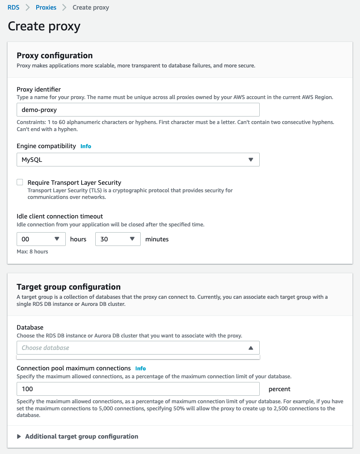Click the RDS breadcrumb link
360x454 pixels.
coord(13,7)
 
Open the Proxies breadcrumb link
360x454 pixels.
coord(46,7)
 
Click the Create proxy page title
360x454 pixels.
coord(44,26)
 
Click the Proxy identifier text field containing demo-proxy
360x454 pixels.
coord(138,110)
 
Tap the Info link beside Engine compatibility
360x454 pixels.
coord(86,146)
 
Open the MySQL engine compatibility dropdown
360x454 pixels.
coord(138,159)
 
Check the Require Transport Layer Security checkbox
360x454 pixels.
coord(20,182)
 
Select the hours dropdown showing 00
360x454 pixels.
coord(41,239)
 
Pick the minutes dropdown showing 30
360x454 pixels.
coord(118,239)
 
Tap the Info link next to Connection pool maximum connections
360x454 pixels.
coord(141,368)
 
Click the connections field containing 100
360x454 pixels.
coord(138,389)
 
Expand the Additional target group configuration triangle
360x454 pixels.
coord(19,437)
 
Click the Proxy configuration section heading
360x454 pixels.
coord(55,55)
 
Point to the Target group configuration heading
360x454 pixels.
coord(69,287)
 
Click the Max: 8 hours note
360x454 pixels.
coord(32,251)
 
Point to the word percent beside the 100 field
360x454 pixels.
coord(280,389)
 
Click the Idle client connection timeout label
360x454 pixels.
coord(60,216)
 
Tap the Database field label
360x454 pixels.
coord(30,327)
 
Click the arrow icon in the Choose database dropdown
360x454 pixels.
coord(251,348)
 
